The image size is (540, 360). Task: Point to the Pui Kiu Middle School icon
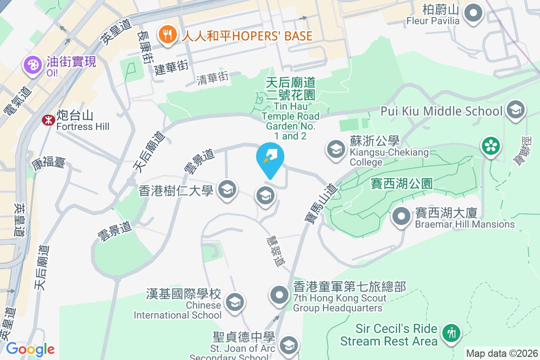[x=515, y=110]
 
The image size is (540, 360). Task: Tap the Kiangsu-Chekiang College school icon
[x=335, y=149]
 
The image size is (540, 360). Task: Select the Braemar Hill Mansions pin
[x=401, y=217]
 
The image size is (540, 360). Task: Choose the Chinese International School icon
[x=234, y=301]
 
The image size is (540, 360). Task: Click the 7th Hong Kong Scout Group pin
[x=279, y=295]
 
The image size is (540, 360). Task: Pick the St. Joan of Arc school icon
[x=288, y=346]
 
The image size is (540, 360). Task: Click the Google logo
[x=30, y=349]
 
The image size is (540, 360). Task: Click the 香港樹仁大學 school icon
[x=227, y=189]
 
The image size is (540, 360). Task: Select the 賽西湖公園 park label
[x=401, y=184]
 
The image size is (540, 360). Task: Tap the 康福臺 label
[x=49, y=162]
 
